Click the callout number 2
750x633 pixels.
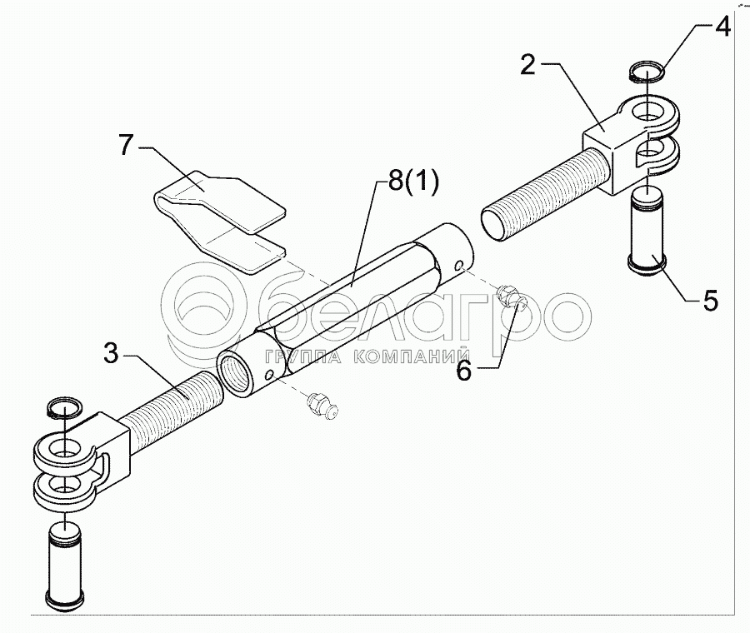[527, 64]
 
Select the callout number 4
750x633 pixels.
[722, 28]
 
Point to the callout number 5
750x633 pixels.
[709, 300]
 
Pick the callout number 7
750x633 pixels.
[127, 145]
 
